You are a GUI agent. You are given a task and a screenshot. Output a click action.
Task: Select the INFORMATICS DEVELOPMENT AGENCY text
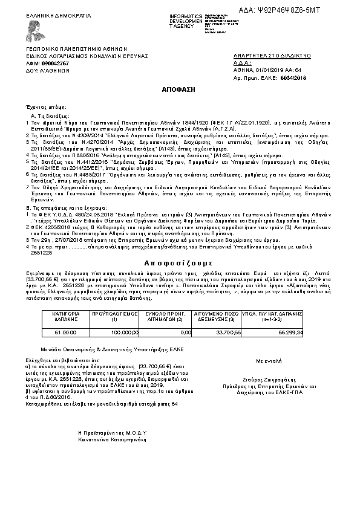click(x=185, y=21)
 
